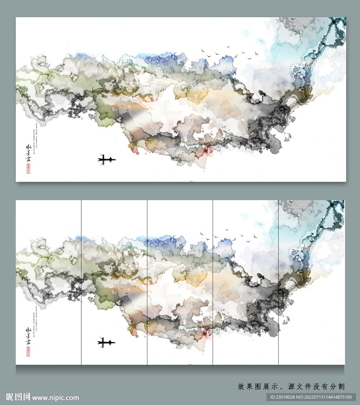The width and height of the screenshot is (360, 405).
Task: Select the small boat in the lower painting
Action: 106,342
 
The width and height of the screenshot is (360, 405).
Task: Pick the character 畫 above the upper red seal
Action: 28,159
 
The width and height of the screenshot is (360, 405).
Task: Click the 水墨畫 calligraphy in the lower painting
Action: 28,336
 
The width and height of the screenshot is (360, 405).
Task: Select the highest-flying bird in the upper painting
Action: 228,47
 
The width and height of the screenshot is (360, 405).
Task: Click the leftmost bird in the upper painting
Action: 203,50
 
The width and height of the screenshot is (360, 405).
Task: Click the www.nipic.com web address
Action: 56,397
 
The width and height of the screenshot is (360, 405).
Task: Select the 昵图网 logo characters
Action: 18,397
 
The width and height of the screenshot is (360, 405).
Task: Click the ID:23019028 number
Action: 283,397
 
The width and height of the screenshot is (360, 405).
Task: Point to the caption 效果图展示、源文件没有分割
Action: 291,386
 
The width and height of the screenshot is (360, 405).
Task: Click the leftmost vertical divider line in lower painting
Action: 81,282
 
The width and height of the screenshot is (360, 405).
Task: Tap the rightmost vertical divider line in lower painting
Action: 278,282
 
